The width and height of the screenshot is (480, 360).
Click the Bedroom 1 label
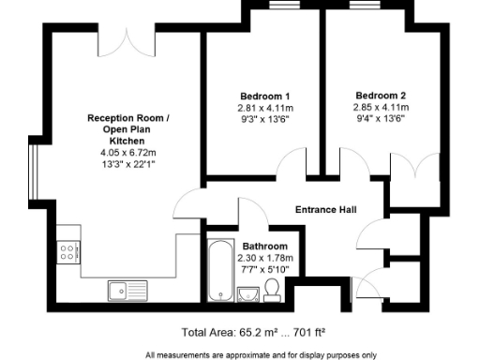pos(263,97)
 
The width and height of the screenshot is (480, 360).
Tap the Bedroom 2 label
pos(381,96)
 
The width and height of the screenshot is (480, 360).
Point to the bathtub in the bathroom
pos(218,271)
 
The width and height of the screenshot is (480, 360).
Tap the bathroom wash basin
pos(248,295)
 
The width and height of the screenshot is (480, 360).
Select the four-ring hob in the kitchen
pos(68,250)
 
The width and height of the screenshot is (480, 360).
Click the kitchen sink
pos(121,290)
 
